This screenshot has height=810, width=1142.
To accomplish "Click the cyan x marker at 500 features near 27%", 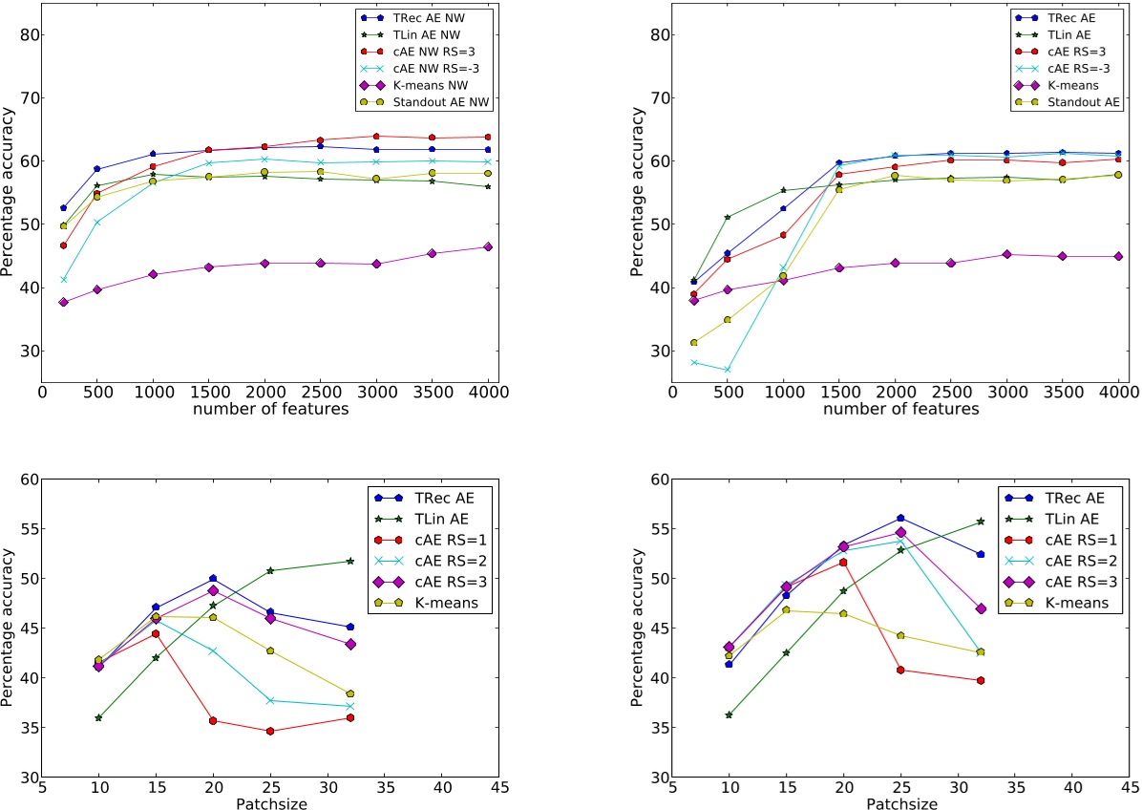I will [x=729, y=370].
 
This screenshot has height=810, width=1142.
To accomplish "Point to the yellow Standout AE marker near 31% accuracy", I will [x=694, y=342].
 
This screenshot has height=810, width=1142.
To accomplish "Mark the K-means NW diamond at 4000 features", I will [x=487, y=246].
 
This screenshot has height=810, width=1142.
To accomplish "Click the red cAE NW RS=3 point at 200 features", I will [x=63, y=245].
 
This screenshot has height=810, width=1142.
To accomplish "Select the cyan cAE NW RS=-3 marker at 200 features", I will [x=63, y=280].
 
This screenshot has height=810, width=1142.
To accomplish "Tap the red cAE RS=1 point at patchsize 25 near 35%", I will [x=270, y=732].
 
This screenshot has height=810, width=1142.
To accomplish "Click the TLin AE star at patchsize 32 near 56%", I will [x=981, y=522].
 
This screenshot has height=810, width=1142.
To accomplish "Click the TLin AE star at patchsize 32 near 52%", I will [x=350, y=561].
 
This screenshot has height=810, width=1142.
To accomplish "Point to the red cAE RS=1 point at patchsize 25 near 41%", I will [x=900, y=670].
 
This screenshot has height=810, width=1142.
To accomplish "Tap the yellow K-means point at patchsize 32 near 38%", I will [x=350, y=693].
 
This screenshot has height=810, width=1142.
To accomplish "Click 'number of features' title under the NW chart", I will [x=269, y=410].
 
